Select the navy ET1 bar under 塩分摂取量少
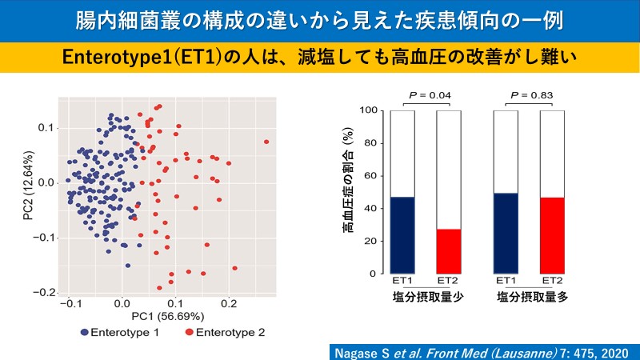pyautogui.click(x=403, y=235)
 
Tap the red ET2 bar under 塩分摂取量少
pyautogui.click(x=449, y=251)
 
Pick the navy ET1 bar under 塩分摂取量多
pyautogui.click(x=506, y=234)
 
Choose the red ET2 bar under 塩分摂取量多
pyautogui.click(x=552, y=235)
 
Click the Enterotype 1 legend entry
pyautogui.click(x=116, y=332)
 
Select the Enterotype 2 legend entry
pyautogui.click(x=223, y=332)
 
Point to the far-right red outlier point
pyautogui.click(x=266, y=142)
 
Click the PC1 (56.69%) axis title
pyautogui.click(x=168, y=318)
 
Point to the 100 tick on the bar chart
pyautogui.click(x=369, y=110)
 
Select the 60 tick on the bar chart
pyautogui.click(x=371, y=176)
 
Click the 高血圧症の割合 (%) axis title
pyautogui.click(x=350, y=192)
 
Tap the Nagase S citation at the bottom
pyautogui.click(x=484, y=351)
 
